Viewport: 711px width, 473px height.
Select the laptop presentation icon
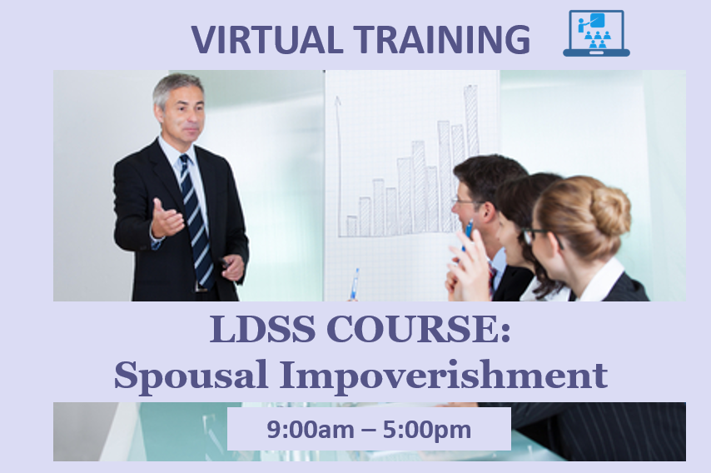click(x=596, y=33)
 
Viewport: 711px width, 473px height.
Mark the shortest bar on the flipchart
click(x=351, y=226)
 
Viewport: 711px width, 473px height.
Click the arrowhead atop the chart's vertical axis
click(x=337, y=101)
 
